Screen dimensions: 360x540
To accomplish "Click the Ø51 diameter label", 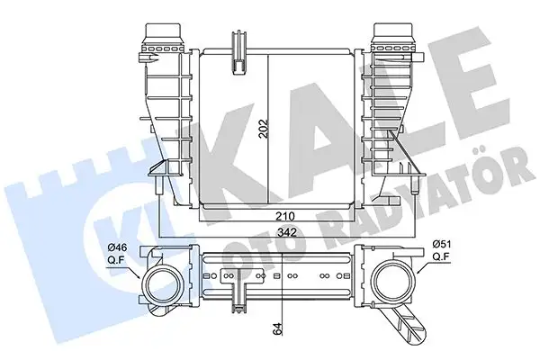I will click(x=443, y=243).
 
